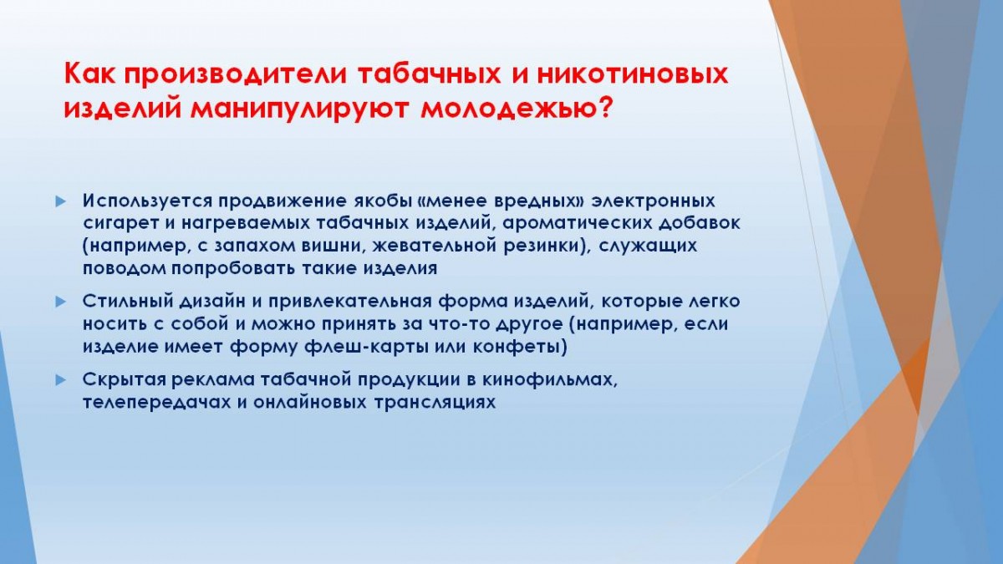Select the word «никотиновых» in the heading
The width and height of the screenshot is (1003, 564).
pyautogui.click(x=632, y=74)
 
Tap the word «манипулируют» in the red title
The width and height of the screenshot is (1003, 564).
pyautogui.click(x=299, y=109)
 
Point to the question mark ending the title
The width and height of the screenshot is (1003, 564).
pyautogui.click(x=604, y=108)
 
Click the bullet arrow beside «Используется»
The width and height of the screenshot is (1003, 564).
pyautogui.click(x=60, y=202)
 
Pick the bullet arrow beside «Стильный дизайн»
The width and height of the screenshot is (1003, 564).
pyautogui.click(x=60, y=302)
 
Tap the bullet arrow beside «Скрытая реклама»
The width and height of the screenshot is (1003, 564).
pyautogui.click(x=60, y=381)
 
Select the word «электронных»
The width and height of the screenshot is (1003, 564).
pyautogui.click(x=654, y=201)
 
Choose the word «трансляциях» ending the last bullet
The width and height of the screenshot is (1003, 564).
pyautogui.click(x=435, y=403)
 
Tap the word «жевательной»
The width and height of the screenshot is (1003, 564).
pyautogui.click(x=434, y=246)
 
